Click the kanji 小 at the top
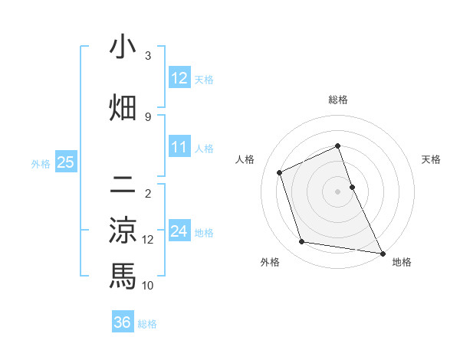(123, 48)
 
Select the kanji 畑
(123, 107)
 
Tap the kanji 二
(123, 184)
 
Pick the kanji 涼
(123, 231)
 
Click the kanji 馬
(123, 276)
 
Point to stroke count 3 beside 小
(148, 56)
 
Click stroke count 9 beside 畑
(148, 116)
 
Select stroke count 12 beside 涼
(148, 240)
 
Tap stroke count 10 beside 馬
(148, 286)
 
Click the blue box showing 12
(179, 78)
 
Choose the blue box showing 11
(179, 147)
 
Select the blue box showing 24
(179, 232)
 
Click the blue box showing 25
(65, 162)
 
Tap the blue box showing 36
(123, 322)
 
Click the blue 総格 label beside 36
(147, 324)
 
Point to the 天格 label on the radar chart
(432, 159)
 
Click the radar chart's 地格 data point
(382, 252)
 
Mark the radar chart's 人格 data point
(280, 172)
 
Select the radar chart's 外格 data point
(302, 242)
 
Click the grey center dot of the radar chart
(337, 191)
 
